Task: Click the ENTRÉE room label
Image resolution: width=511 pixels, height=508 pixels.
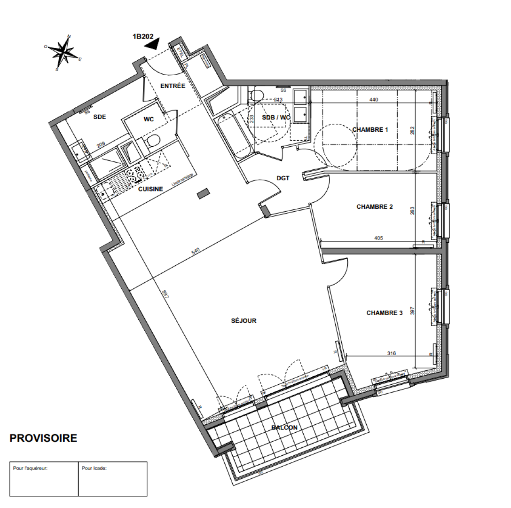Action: pyautogui.click(x=173, y=86)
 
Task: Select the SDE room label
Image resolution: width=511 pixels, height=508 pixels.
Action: pyautogui.click(x=99, y=117)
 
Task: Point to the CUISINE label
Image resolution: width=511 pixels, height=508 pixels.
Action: pyautogui.click(x=150, y=189)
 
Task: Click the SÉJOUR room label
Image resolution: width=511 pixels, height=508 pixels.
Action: pyautogui.click(x=244, y=321)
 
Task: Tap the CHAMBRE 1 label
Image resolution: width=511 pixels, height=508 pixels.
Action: pyautogui.click(x=370, y=130)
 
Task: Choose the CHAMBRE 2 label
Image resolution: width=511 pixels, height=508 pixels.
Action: pyautogui.click(x=374, y=206)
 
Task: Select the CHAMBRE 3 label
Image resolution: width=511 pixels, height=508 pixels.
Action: pyautogui.click(x=385, y=312)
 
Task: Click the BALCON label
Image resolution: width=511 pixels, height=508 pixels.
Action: pyautogui.click(x=284, y=428)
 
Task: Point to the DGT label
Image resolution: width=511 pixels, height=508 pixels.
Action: pyautogui.click(x=283, y=178)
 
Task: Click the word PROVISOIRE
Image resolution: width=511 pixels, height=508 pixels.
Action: pyautogui.click(x=43, y=438)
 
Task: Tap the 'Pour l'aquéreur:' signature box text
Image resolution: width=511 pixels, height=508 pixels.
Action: pyautogui.click(x=30, y=468)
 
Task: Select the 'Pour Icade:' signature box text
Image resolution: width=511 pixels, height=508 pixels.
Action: pyautogui.click(x=94, y=468)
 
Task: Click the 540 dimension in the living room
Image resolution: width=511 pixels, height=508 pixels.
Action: pyautogui.click(x=196, y=251)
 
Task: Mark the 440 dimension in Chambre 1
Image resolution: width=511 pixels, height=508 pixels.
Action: pyautogui.click(x=374, y=100)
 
